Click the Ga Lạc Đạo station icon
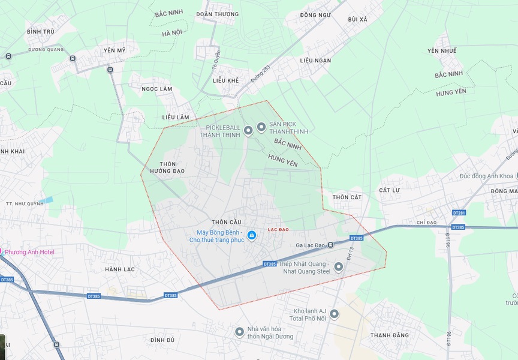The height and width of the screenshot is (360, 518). coord(330,245)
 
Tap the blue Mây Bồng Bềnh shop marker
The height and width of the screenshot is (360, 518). coord(252,235)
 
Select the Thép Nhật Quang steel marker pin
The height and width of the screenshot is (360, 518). coord(338,267)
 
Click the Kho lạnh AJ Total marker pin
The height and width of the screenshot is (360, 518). coord(334,314)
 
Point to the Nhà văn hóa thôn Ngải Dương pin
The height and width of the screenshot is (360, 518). coord(239,332)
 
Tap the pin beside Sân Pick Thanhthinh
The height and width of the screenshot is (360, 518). coord(261,127)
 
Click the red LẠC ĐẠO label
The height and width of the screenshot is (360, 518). coord(278,230)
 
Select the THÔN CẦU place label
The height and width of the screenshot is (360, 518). coord(226,222)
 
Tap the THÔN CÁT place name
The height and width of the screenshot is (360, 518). coord(347,197)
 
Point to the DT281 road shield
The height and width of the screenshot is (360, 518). coord(459,213)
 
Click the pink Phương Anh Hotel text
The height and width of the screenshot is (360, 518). coord(29,252)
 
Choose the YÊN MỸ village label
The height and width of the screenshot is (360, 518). coord(114,50)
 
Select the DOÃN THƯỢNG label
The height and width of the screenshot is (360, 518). coord(218,14)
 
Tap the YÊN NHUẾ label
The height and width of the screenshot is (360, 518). coord(442,51)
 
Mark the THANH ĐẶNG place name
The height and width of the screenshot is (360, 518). coord(389,335)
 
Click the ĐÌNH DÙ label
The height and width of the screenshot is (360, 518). coord(162,340)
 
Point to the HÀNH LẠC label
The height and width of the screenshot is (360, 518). coord(120,269)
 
